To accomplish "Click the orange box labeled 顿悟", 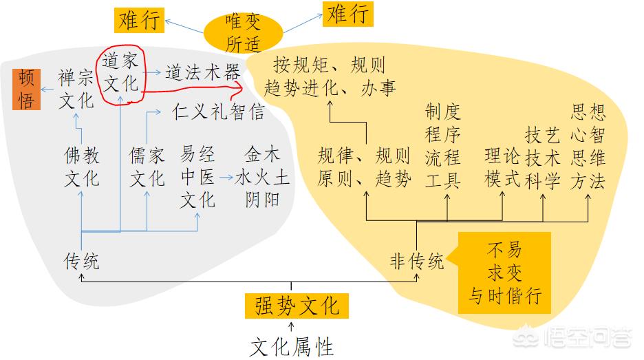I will pyautogui.click(x=27, y=89).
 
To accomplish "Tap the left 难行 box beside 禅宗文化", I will pyautogui.click(x=139, y=19).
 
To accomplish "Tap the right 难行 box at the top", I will pyautogui.click(x=347, y=14).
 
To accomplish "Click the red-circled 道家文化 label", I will pyautogui.click(x=120, y=72).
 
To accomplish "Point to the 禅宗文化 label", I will pyautogui.click(x=76, y=89).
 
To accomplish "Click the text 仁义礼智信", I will pyautogui.click(x=218, y=111).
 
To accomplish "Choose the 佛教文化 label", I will pyautogui.click(x=81, y=166).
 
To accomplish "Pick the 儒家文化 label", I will pyautogui.click(x=147, y=166).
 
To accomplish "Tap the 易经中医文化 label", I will pyautogui.click(x=197, y=176).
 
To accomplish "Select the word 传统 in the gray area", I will pyautogui.click(x=81, y=261).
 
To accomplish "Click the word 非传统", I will pyautogui.click(x=416, y=261).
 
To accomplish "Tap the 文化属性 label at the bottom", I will pyautogui.click(x=292, y=344).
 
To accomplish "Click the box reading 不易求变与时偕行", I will pyautogui.click(x=505, y=272).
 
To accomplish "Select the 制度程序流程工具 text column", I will pyautogui.click(x=442, y=146).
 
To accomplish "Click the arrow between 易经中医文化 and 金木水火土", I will pyautogui.click(x=225, y=178).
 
